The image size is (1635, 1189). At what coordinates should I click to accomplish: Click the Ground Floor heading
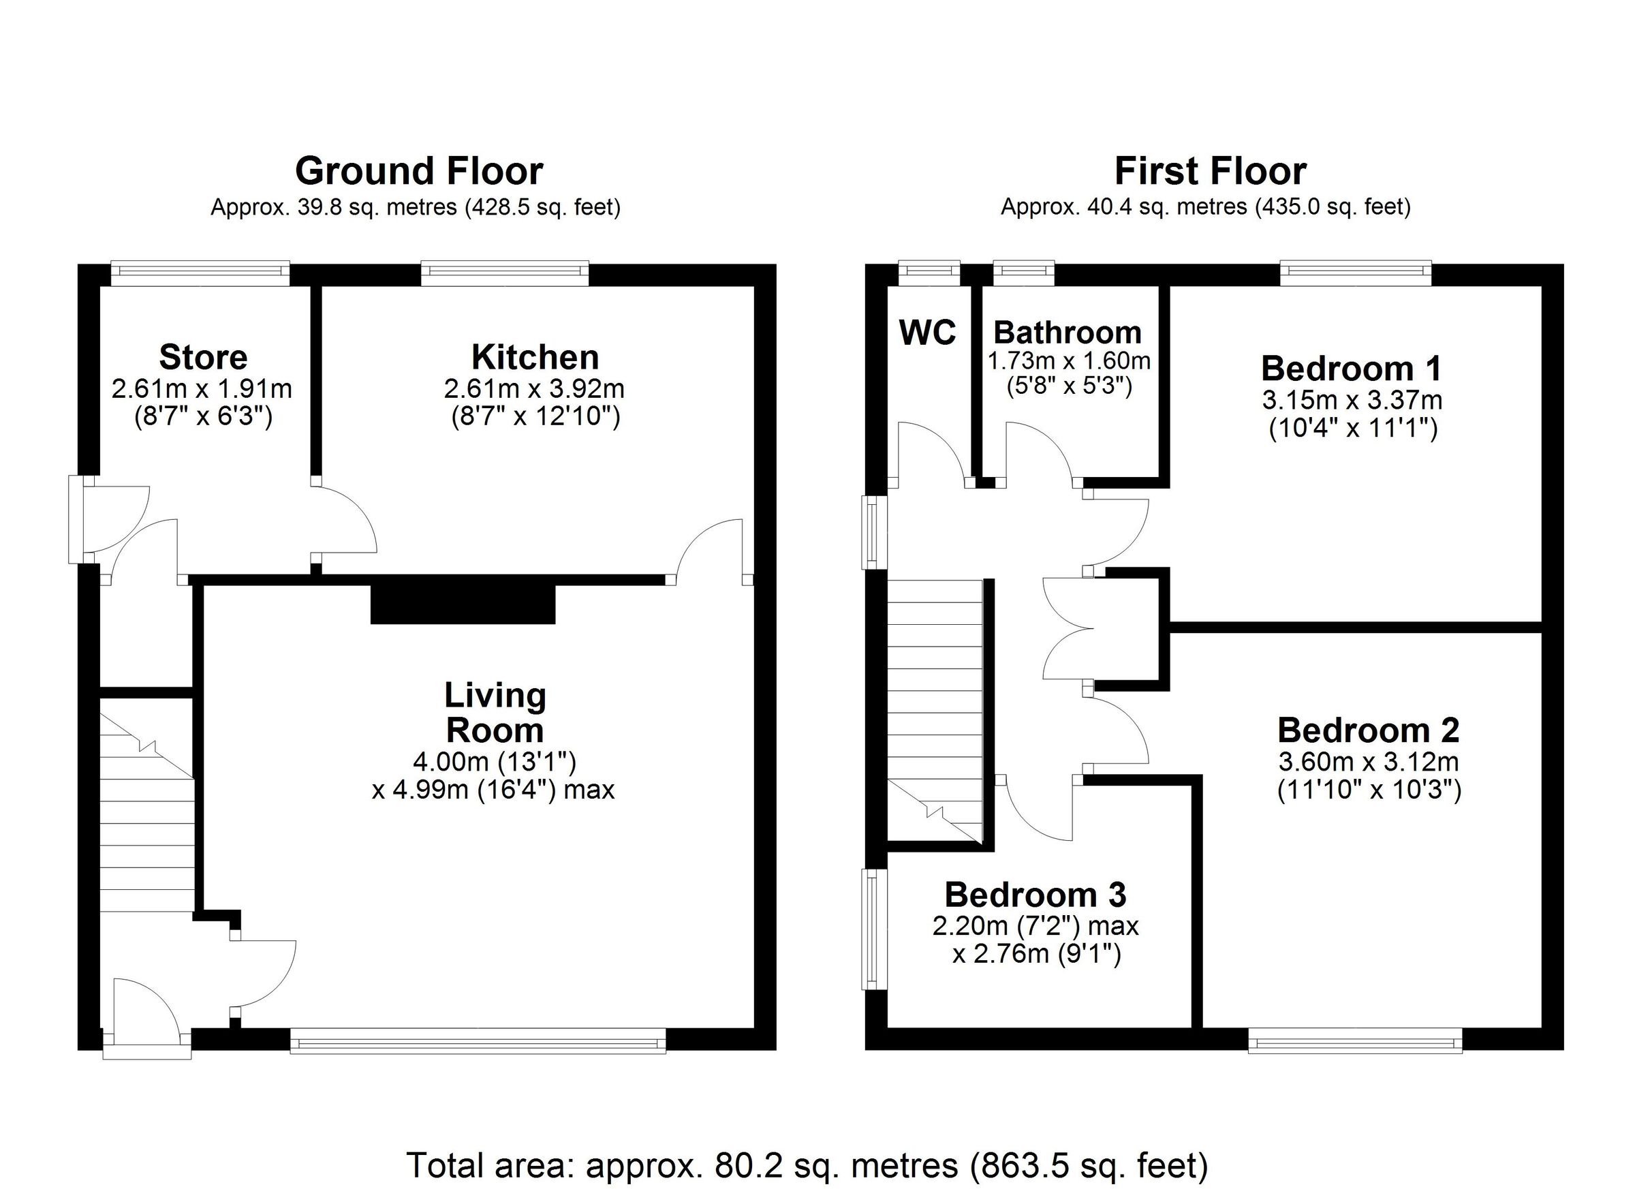pos(419,172)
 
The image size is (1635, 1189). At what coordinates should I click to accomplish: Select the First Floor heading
pos(1211,172)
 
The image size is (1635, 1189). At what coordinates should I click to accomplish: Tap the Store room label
pos(202,357)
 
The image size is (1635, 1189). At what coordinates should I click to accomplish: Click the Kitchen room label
pos(535,357)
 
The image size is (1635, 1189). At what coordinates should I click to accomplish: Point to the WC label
pos(927,333)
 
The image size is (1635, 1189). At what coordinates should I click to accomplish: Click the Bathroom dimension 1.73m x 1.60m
pos(1068,360)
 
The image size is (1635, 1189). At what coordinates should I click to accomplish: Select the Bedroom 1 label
pos(1351,369)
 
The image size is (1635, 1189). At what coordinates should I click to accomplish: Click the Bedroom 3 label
pos(1035,895)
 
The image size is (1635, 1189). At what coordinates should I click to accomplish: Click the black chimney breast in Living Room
pos(463,604)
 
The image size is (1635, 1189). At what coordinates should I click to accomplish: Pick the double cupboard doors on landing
pos(1067,628)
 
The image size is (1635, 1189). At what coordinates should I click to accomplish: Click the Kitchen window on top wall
pos(505,271)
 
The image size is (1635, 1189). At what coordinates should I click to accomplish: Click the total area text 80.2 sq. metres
pos(807,1164)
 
